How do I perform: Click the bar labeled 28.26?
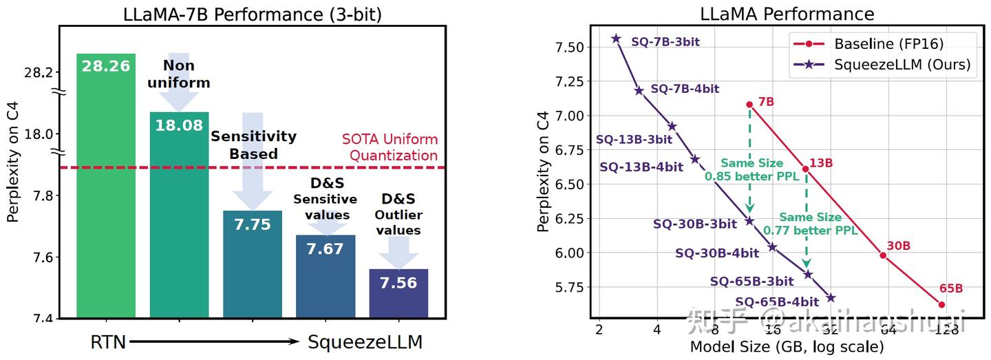click(106, 186)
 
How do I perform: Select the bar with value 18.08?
click(179, 213)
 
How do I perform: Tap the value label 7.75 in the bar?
click(253, 224)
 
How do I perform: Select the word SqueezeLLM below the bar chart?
click(365, 341)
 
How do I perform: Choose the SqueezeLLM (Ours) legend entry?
click(902, 65)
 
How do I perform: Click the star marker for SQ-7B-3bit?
click(617, 39)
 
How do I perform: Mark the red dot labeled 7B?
click(749, 105)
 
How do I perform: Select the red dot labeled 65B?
click(941, 304)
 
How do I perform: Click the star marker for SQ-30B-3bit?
click(749, 221)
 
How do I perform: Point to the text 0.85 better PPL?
click(752, 176)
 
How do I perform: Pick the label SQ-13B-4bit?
click(641, 167)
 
